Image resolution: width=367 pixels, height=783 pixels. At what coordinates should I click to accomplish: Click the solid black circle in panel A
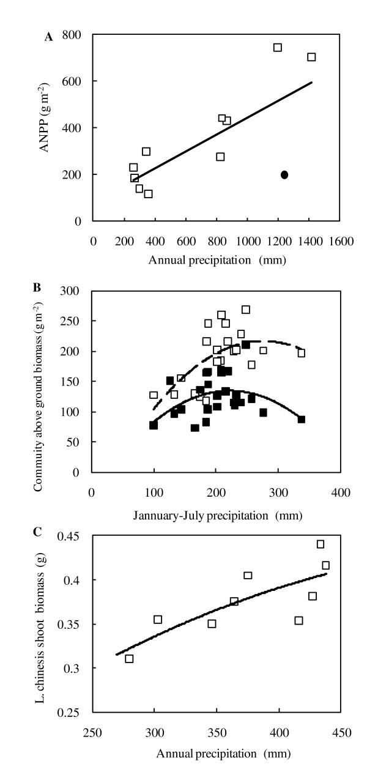[x=284, y=175]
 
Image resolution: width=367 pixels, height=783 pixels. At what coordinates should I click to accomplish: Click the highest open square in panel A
[x=278, y=48]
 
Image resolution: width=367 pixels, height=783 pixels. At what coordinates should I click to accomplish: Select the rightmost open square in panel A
[x=311, y=57]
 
